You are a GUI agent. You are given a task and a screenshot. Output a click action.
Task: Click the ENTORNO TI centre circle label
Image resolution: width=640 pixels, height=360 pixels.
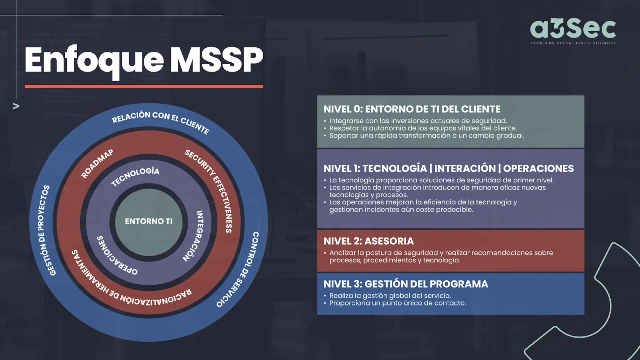[x=148, y=221]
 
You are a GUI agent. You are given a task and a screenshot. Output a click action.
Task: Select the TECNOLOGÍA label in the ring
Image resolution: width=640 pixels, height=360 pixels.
[x=135, y=176]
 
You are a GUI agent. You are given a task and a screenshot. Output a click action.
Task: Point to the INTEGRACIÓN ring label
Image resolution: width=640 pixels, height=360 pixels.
[x=194, y=236]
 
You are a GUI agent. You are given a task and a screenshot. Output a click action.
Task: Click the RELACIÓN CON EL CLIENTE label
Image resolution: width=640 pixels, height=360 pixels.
[x=161, y=122]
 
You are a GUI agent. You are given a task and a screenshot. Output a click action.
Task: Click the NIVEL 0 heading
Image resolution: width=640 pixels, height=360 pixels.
[x=412, y=109]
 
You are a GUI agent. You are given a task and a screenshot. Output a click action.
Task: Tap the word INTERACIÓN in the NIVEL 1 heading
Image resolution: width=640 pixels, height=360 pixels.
[x=465, y=168]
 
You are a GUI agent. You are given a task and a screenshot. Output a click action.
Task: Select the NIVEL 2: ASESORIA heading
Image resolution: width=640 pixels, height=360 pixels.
[x=368, y=241]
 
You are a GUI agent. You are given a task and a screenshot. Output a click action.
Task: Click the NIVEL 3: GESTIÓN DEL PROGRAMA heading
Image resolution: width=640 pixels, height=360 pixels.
[x=406, y=284]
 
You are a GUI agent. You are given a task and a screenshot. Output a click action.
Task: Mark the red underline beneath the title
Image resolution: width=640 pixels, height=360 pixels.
[x=144, y=86]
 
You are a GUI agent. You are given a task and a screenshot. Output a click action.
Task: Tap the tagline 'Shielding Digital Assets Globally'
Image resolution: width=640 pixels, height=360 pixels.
[x=573, y=43]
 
